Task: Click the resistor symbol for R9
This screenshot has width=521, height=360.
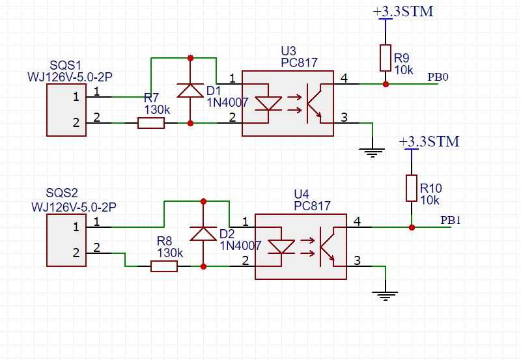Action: pos(386,58)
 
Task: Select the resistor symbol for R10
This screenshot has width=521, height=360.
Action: pos(412,188)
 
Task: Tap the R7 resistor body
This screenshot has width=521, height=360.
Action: pos(151,123)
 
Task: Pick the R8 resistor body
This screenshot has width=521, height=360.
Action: pos(164,266)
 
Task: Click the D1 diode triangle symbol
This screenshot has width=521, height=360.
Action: pos(190,90)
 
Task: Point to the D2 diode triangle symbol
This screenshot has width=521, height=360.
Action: pos(203,234)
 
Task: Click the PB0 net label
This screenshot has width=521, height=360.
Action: pos(438,77)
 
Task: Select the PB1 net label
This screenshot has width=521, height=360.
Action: pos(451,220)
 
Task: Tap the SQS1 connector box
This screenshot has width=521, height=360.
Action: pos(66,110)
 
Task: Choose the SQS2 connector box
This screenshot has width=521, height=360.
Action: pos(66,240)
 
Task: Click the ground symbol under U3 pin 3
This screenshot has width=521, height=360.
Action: pos(372,152)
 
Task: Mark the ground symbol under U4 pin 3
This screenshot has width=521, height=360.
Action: pos(385,296)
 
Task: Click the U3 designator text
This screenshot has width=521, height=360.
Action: pos(289,51)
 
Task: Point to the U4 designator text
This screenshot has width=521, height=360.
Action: pos(302,194)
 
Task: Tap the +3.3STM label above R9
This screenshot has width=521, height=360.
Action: pos(403,11)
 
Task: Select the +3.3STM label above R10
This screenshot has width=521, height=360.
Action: pos(429,141)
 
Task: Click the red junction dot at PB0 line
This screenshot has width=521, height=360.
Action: pos(386,84)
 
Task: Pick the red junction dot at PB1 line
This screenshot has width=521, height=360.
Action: pos(412,227)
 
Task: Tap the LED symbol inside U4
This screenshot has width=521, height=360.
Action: pos(281,247)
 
